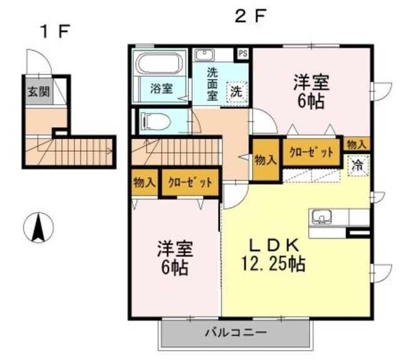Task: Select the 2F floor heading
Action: pyautogui.click(x=250, y=17)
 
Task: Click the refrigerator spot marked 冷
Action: pyautogui.click(x=358, y=166)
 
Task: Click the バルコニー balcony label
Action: pyautogui.click(x=236, y=333)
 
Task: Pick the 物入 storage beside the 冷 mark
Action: pyautogui.click(x=357, y=145)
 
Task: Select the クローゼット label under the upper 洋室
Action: pyautogui.click(x=310, y=152)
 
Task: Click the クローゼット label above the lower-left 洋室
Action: pyautogui.click(x=190, y=183)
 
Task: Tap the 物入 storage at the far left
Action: pyautogui.click(x=145, y=183)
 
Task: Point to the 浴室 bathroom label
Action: pyautogui.click(x=161, y=89)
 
